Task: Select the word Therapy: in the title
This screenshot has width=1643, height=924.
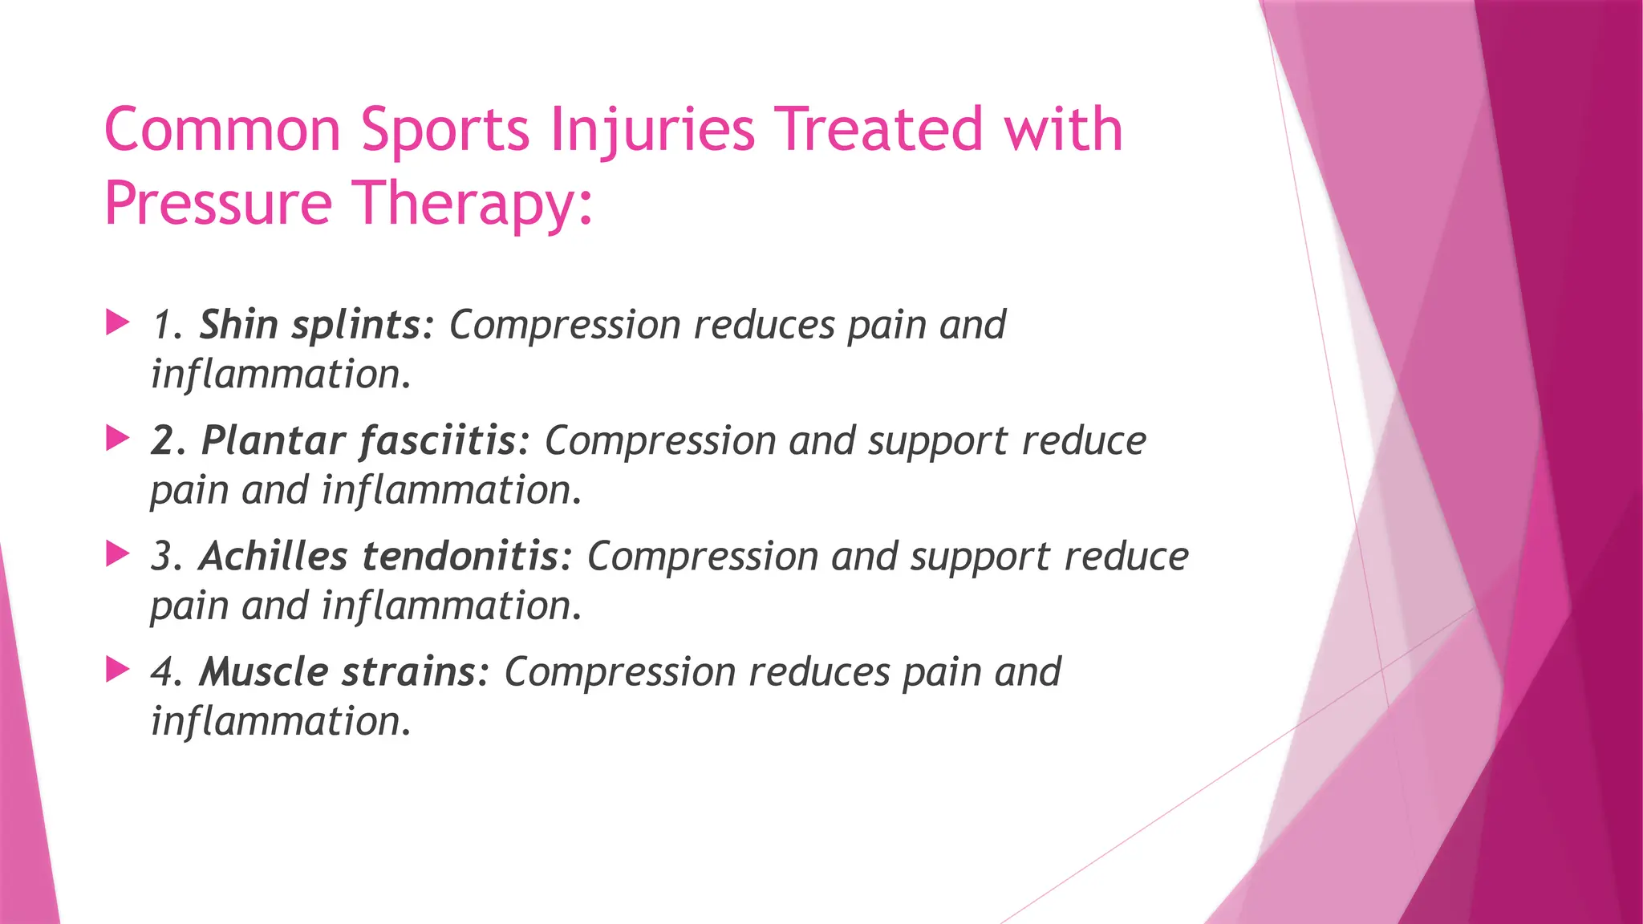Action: (x=473, y=204)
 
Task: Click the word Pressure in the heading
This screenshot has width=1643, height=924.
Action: (x=218, y=204)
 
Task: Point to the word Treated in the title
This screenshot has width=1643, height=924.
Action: (x=881, y=130)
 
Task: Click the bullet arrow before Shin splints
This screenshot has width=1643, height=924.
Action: (x=118, y=323)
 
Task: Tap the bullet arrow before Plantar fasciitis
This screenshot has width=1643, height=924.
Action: (x=118, y=439)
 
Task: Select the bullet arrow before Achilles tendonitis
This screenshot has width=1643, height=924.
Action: (x=118, y=554)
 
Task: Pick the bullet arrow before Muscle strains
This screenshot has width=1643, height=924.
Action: (x=118, y=670)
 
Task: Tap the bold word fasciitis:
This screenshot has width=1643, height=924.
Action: (x=445, y=440)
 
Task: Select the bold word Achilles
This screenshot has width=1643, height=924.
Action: (x=273, y=556)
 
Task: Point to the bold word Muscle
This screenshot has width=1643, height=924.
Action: (x=263, y=671)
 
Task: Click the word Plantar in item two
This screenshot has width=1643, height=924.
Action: (x=273, y=440)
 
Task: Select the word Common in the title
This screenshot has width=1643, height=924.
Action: (x=223, y=130)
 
